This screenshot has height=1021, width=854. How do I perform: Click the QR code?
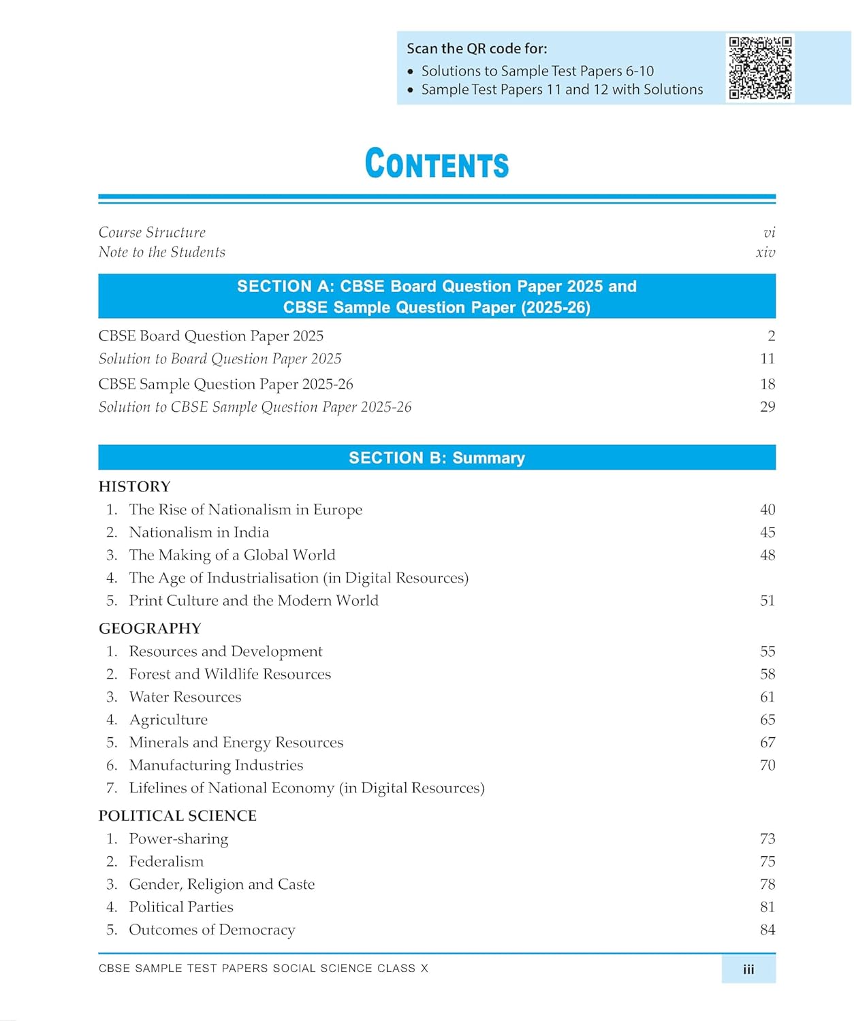(760, 67)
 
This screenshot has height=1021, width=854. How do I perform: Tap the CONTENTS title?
(437, 164)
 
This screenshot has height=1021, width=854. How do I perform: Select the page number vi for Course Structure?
(769, 233)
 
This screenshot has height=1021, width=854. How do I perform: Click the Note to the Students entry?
(161, 253)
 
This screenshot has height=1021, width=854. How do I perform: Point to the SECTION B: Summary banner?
(437, 457)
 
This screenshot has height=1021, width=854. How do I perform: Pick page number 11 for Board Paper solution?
(768, 359)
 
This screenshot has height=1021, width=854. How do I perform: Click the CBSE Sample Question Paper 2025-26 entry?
(225, 384)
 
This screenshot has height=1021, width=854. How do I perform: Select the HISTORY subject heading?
(134, 487)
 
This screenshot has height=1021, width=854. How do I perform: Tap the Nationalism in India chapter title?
(199, 532)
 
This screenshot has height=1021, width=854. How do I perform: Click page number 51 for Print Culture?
(768, 600)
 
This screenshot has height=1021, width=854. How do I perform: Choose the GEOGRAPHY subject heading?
(150, 628)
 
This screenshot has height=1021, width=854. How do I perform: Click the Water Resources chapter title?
(185, 697)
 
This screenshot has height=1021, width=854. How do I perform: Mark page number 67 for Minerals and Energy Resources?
(768, 743)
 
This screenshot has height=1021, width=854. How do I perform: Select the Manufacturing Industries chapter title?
(216, 765)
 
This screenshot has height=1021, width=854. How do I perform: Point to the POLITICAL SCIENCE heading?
(177, 816)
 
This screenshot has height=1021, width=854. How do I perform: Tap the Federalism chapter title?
(166, 862)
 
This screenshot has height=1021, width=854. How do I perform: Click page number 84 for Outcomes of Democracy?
(768, 930)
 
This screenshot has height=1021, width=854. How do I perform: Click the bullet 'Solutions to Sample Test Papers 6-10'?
(537, 71)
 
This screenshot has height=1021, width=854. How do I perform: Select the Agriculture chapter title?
(168, 720)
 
